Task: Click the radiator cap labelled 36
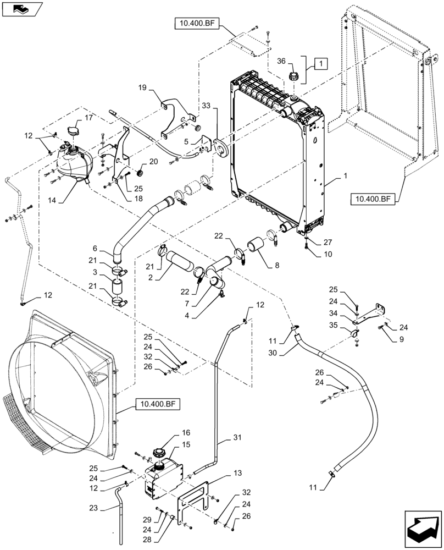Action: tap(292, 75)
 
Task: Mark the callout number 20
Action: tap(152, 161)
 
